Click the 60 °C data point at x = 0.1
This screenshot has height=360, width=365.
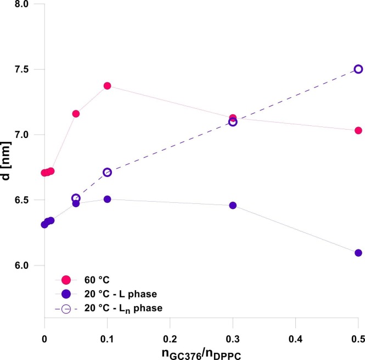[107, 86]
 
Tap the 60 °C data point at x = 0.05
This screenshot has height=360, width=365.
[76, 114]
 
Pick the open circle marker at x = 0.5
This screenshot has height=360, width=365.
[358, 69]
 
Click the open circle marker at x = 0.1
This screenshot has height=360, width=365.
[107, 172]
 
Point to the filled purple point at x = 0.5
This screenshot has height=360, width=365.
[358, 253]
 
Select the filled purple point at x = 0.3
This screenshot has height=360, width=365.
[233, 206]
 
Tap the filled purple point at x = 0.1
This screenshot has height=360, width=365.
[107, 199]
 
